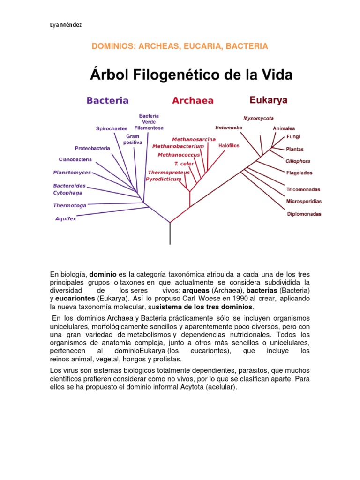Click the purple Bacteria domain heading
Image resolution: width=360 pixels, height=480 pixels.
(107, 100)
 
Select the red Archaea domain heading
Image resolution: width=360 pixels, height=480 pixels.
(193, 100)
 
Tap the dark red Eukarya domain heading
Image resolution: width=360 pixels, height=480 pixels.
(269, 100)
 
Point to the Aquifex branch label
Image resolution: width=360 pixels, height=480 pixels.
(66, 218)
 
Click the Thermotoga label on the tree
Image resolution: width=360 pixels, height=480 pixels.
(70, 205)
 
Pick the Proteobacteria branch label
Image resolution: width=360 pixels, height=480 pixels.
(92, 148)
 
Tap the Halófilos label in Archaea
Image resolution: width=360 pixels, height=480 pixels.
(229, 146)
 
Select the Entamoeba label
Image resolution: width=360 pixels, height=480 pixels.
(229, 127)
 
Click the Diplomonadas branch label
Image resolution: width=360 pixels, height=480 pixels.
(304, 214)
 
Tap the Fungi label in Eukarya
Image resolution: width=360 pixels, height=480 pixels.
(293, 137)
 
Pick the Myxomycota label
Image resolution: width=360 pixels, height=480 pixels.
(259, 118)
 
